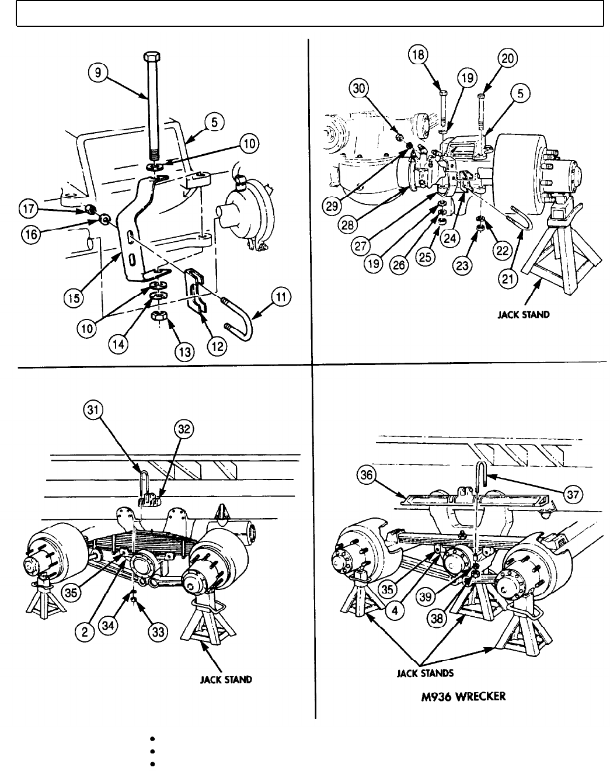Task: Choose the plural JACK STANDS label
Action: tap(424, 673)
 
